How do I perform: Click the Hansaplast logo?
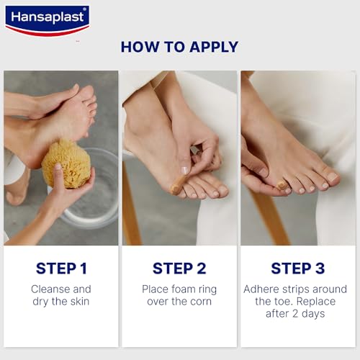(48, 21)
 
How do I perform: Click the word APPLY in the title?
(214, 47)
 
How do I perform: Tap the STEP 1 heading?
(61, 269)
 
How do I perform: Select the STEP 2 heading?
(179, 269)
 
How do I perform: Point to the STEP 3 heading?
(298, 269)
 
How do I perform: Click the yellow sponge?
(66, 163)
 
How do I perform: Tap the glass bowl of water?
(92, 189)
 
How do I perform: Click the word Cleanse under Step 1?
(50, 289)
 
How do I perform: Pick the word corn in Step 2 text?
(201, 302)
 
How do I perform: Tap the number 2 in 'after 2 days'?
(295, 314)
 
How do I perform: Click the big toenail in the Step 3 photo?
(333, 176)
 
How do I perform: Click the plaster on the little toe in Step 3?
(282, 186)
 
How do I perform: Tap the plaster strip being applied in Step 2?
(179, 183)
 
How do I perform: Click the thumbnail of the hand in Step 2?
(184, 170)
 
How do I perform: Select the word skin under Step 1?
(80, 302)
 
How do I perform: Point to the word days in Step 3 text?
(313, 314)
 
